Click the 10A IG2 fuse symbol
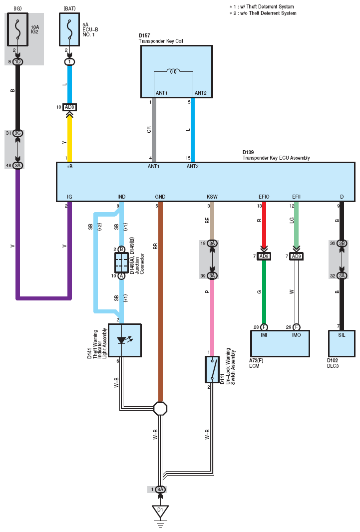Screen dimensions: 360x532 pyautogui.click(x=17, y=29)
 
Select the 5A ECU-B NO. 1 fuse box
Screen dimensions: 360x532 pyautogui.click(x=69, y=29)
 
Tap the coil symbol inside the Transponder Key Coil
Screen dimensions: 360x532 pyautogui.click(x=173, y=71)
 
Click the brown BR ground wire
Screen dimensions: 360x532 pyautogui.click(x=160, y=302)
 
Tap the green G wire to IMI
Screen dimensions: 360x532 pyautogui.click(x=264, y=292)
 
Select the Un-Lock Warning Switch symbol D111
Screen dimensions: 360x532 pyautogui.click(x=212, y=369)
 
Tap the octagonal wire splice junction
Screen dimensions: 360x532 pyautogui.click(x=160, y=409)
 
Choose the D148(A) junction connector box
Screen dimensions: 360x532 pyautogui.click(x=121, y=263)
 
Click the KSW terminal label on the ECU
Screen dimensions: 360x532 pyautogui.click(x=212, y=197)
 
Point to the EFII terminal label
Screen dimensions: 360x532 pyautogui.click(x=296, y=197)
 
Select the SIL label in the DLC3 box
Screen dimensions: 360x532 pyautogui.click(x=342, y=335)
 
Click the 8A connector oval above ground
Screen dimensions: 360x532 pyautogui.click(x=160, y=490)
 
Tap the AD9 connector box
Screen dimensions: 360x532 pyautogui.click(x=297, y=256)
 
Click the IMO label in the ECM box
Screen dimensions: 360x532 pyautogui.click(x=296, y=335)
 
